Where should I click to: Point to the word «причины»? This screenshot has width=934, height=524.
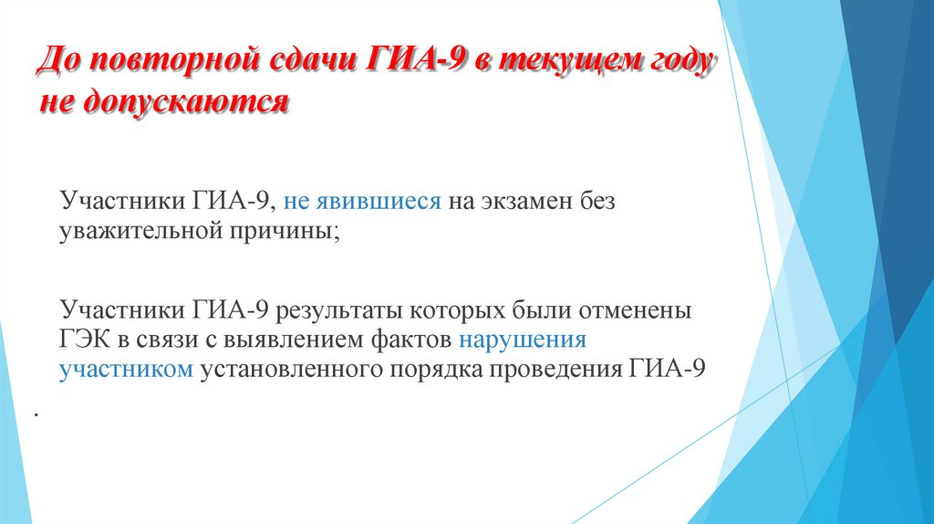pyautogui.click(x=292, y=232)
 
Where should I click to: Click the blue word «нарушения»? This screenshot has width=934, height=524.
pyautogui.click(x=523, y=341)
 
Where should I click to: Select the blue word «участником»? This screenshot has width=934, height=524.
pyautogui.click(x=127, y=371)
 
